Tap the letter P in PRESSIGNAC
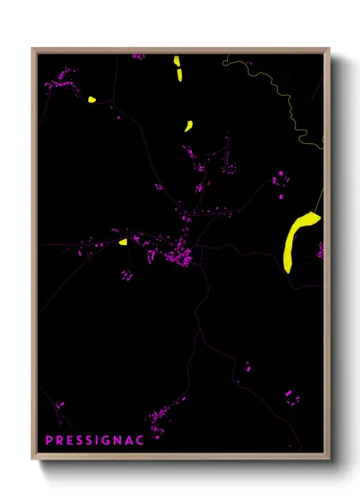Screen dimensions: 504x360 click(x=49, y=440)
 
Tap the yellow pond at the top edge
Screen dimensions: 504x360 click(x=178, y=68)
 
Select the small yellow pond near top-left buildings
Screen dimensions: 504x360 click(x=91, y=99)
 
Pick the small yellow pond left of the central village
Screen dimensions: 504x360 click(x=123, y=242)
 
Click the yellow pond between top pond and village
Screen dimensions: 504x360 click(x=188, y=126)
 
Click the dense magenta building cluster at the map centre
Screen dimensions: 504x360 click(x=183, y=253)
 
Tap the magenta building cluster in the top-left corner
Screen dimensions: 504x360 click(x=60, y=81)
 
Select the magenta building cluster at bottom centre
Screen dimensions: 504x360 click(x=159, y=420)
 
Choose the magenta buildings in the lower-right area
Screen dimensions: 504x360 click(x=291, y=396)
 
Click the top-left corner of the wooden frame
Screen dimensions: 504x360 click(x=33, y=49)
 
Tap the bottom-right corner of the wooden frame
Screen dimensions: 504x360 click(x=329, y=459)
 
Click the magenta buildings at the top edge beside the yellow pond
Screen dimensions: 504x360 click(x=138, y=57)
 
